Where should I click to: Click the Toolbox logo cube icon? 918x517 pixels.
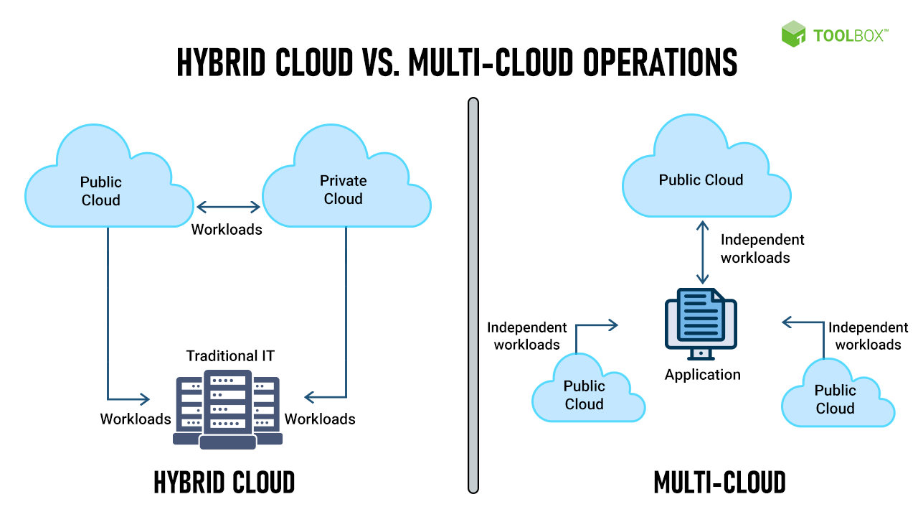(x=794, y=34)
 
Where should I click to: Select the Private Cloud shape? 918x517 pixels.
(x=344, y=183)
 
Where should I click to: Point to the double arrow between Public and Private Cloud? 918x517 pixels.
(x=229, y=208)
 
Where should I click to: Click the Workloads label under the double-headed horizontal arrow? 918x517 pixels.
(x=227, y=230)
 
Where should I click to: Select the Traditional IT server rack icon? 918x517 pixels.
(x=227, y=408)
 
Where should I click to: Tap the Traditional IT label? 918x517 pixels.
(x=230, y=355)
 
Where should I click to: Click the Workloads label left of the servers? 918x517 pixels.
(x=136, y=419)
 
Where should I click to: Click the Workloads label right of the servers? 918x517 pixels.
(x=320, y=419)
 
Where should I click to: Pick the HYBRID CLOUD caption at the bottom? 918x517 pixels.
(x=224, y=483)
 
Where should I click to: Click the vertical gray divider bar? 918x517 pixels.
(x=473, y=295)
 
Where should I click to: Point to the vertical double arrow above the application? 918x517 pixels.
(x=703, y=252)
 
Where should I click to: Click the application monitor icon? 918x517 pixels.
(x=701, y=323)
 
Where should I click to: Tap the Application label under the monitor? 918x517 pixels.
(x=702, y=375)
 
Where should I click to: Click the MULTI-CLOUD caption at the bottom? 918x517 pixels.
(x=719, y=483)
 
